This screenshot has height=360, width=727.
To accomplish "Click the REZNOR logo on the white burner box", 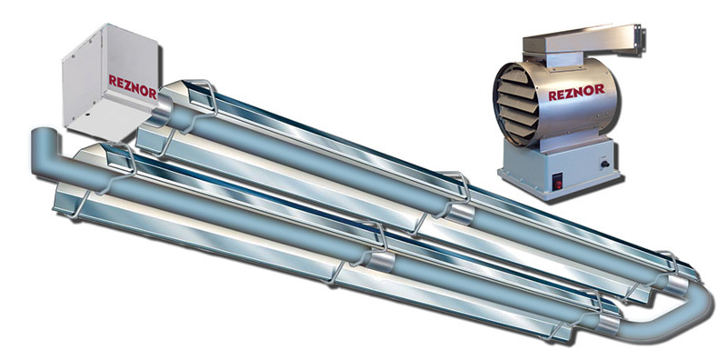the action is click(x=133, y=86).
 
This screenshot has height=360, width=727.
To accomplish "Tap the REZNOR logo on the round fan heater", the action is click(x=576, y=93).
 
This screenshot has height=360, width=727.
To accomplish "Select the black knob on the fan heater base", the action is click(x=604, y=163).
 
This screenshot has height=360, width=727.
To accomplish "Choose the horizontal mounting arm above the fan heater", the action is click(x=582, y=39).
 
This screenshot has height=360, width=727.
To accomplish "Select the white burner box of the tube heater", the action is click(x=110, y=80).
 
